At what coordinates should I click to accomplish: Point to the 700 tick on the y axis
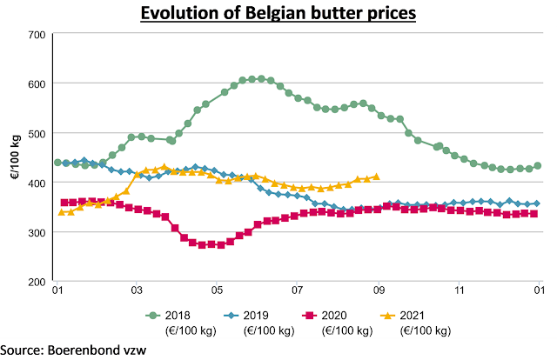pyautogui.click(x=36, y=34)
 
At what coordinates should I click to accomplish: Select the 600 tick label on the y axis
pyautogui.click(x=36, y=83)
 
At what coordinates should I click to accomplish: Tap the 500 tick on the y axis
pyautogui.click(x=36, y=133)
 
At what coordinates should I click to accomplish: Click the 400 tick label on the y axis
pyautogui.click(x=36, y=183)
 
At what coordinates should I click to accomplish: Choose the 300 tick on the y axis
pyautogui.click(x=36, y=232)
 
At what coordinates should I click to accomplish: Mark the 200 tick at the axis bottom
pyautogui.click(x=36, y=282)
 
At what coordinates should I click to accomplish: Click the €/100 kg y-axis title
pyautogui.click(x=15, y=157)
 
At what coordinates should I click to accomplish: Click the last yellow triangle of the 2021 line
pyautogui.click(x=376, y=177)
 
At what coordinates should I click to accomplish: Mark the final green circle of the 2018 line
pyautogui.click(x=538, y=165)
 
